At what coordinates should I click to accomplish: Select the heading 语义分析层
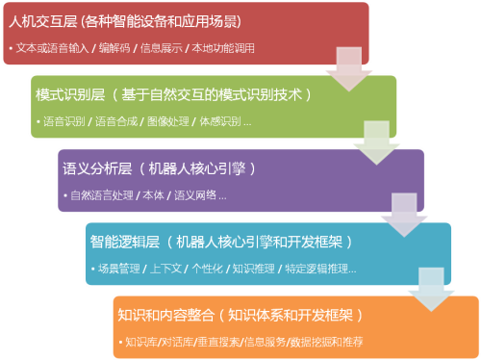click(95, 168)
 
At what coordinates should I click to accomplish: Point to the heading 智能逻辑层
click(124, 242)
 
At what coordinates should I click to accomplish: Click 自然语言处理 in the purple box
click(100, 195)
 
